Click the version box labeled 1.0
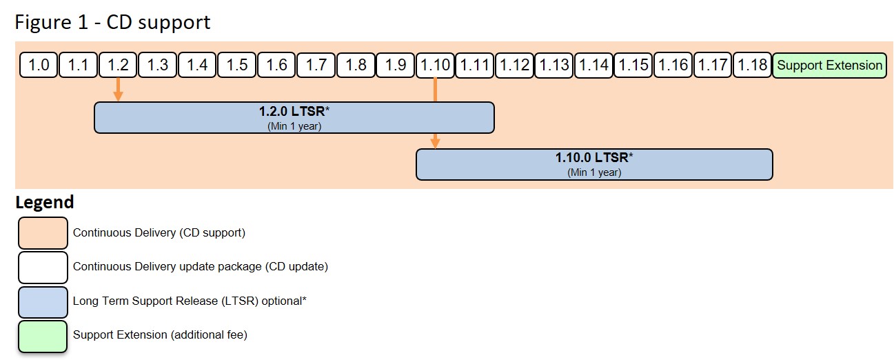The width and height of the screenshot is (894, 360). coord(39,65)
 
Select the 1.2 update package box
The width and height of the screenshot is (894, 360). coord(118,65)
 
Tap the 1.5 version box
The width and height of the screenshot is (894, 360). coord(236,65)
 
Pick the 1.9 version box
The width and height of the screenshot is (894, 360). coord(395,65)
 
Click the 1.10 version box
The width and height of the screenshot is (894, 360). coord(435,65)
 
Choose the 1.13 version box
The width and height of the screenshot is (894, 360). coord(554,65)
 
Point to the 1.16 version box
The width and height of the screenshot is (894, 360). coord(673,65)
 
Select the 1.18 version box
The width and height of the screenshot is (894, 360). coord(752,65)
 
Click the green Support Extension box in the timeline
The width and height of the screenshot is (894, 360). coord(829,65)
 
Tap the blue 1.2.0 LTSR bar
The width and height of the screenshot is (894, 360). coord(294,117)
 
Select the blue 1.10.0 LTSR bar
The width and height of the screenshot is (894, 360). coord(593,164)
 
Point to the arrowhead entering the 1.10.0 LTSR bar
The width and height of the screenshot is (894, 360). coord(435,143)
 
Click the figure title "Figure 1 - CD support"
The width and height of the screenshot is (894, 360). coord(112,22)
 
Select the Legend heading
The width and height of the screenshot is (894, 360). coord(44,202)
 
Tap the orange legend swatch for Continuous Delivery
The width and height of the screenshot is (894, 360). coord(43,233)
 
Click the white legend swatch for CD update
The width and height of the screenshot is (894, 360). coord(43,267)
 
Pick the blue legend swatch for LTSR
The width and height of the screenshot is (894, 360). coord(43,301)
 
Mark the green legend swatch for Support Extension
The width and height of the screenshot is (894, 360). coord(43,336)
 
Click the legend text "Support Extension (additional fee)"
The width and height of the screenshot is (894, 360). coord(160,335)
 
